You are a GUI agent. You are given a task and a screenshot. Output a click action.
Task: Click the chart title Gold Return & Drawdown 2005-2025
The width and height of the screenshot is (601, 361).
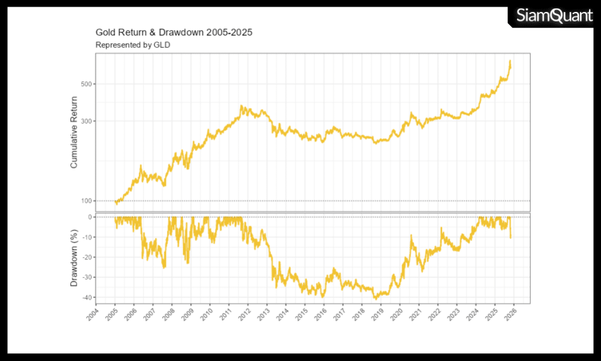[174, 32]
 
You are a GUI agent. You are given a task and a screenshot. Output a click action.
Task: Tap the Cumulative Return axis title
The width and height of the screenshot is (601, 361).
[74, 132]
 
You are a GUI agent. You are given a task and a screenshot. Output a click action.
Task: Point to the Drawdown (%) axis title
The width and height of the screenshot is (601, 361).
[74, 258]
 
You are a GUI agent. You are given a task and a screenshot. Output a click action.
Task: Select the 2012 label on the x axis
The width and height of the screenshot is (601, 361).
[244, 315]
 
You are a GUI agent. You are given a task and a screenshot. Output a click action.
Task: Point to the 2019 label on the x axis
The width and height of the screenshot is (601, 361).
[377, 315]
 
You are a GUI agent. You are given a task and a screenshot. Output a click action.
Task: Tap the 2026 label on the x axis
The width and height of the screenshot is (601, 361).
[510, 315]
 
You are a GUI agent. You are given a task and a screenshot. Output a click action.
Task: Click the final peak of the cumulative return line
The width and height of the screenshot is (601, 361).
[510, 61]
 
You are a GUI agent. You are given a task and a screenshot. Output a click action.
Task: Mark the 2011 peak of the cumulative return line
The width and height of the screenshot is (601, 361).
[242, 106]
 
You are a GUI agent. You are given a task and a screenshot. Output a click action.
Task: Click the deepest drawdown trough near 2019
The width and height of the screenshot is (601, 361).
[376, 298]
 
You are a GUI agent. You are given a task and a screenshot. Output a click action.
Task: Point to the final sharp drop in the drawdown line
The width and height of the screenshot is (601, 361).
[511, 236]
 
